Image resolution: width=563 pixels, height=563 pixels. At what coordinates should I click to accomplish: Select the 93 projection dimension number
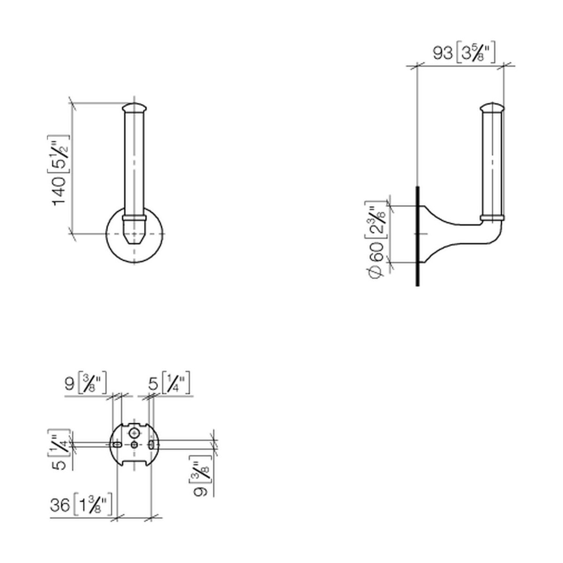pyautogui.click(x=442, y=53)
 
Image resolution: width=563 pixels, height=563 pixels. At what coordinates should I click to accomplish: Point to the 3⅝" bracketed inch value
pyautogui.click(x=475, y=53)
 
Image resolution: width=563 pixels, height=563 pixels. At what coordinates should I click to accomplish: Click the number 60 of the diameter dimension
pyautogui.click(x=377, y=252)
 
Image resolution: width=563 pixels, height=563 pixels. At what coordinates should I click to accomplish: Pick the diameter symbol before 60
pyautogui.click(x=377, y=270)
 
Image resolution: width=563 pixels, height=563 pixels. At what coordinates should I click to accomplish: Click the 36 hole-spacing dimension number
pyautogui.click(x=60, y=504)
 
